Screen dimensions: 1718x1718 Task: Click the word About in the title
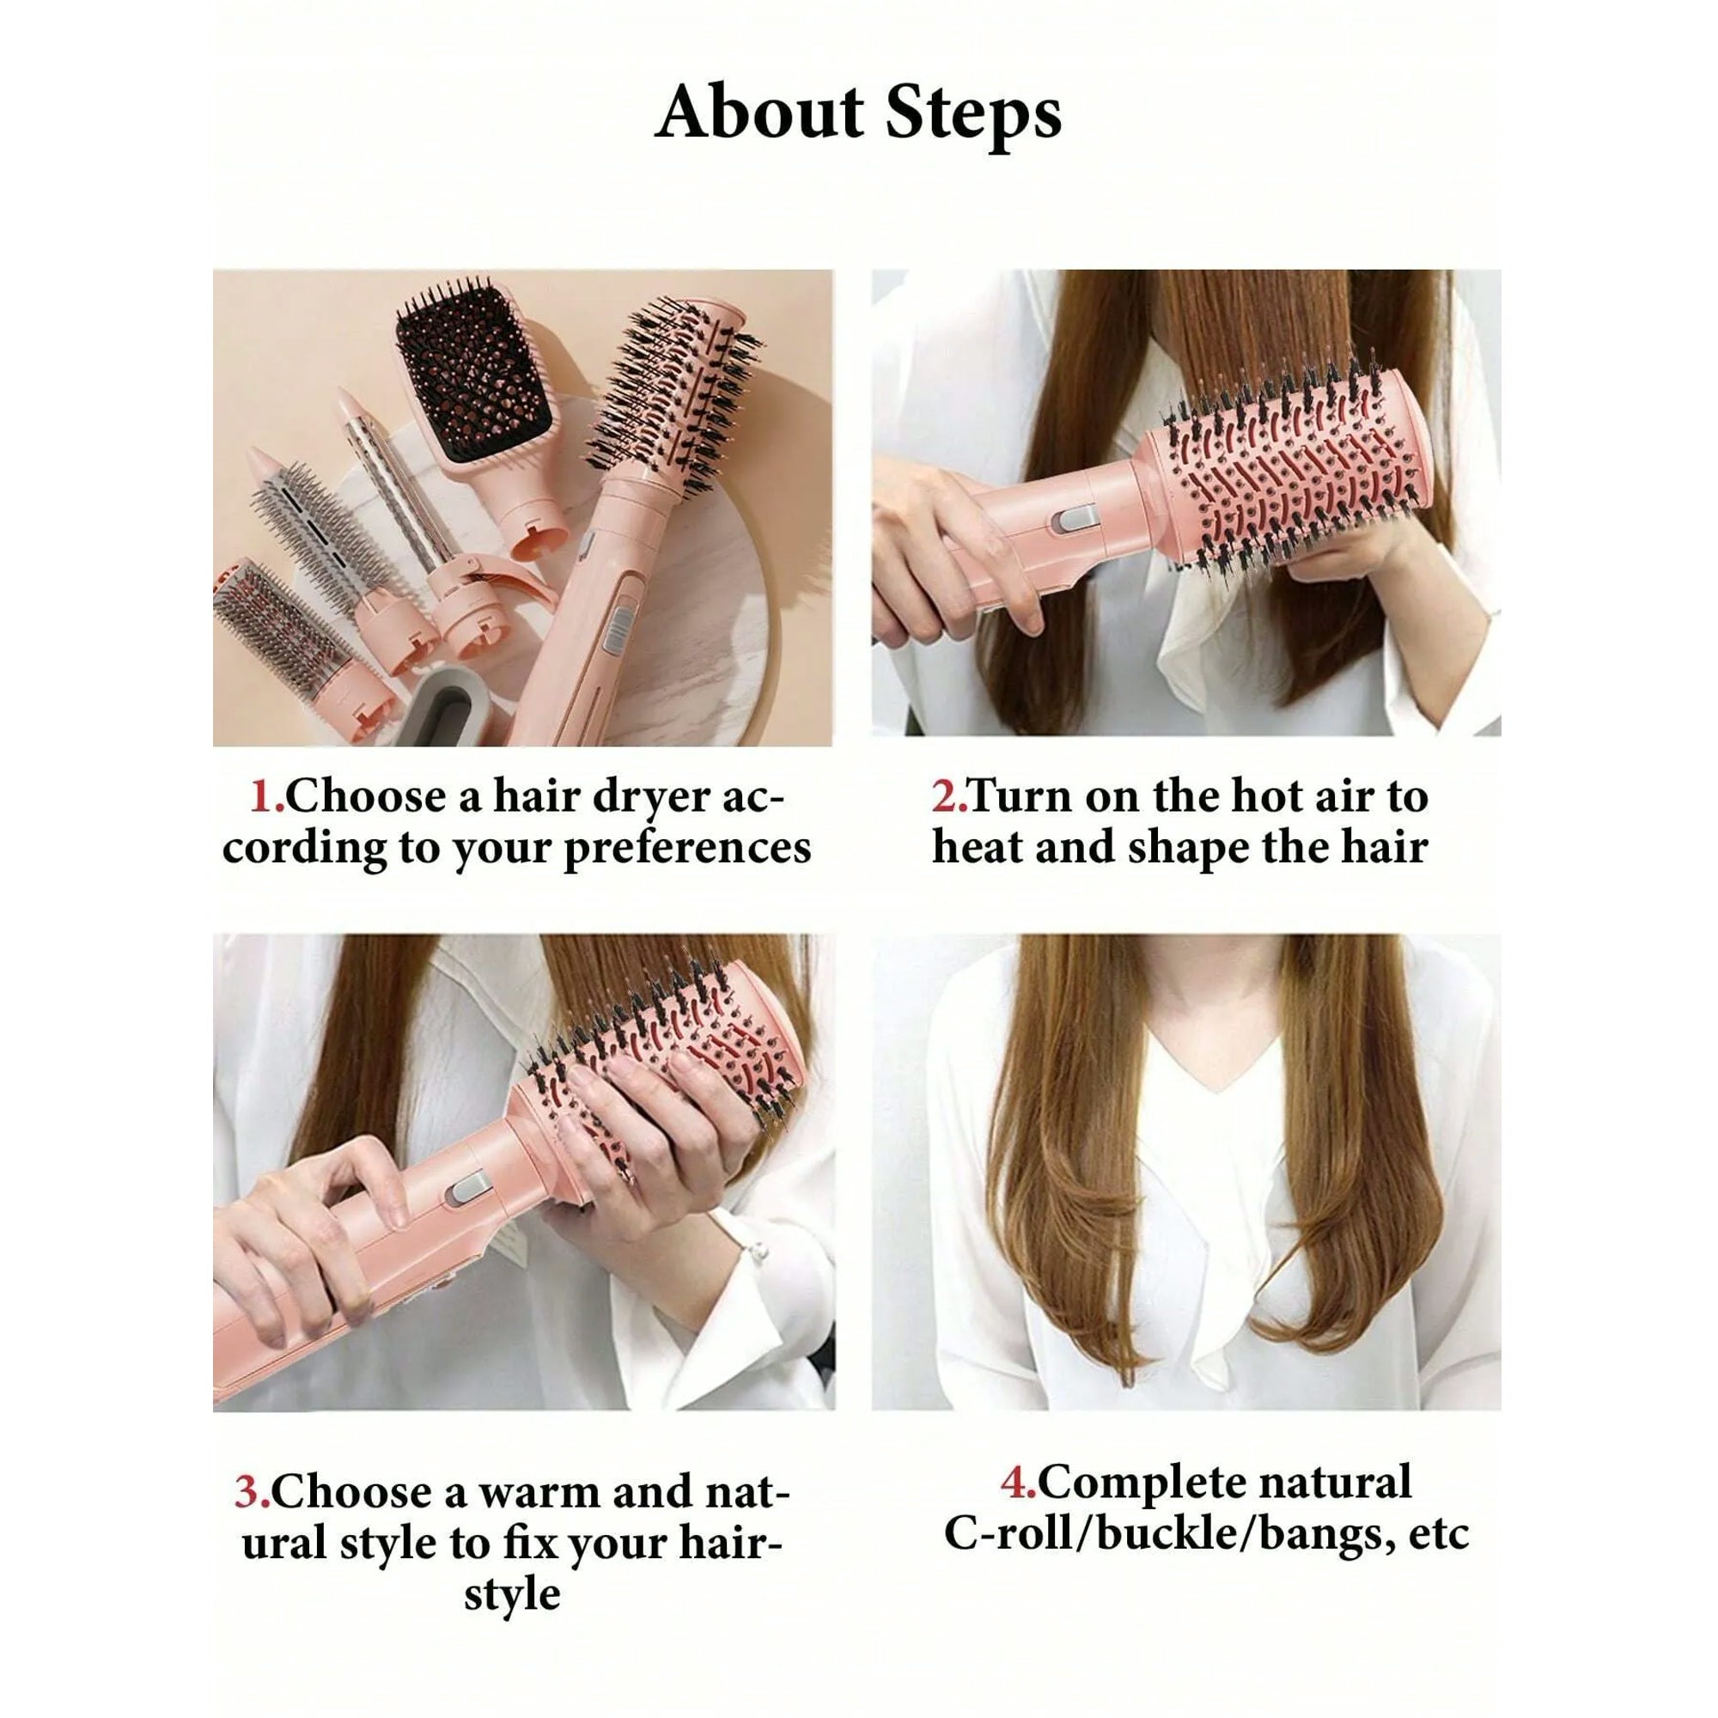coord(759,112)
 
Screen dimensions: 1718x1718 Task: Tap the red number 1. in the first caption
coord(268,796)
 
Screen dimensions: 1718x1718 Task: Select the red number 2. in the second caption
coord(950,796)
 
